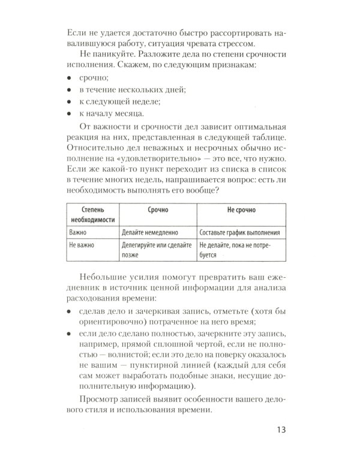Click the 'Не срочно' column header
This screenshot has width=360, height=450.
click(x=241, y=211)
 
